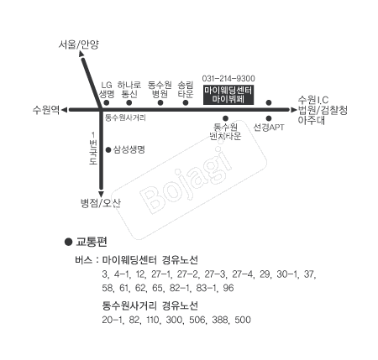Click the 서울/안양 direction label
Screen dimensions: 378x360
pyautogui.click(x=79, y=44)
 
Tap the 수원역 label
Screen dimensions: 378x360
pyautogui.click(x=46, y=110)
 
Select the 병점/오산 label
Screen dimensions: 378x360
pyautogui.click(x=101, y=203)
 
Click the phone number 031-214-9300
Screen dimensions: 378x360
pyautogui.click(x=228, y=78)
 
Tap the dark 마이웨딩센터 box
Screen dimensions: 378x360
pyautogui.click(x=228, y=95)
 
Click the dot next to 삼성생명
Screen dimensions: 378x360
pyautogui.click(x=108, y=150)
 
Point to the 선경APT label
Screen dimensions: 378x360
pyautogui.click(x=269, y=128)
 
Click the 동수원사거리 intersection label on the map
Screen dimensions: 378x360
pyautogui.click(x=125, y=117)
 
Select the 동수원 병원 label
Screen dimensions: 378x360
pyautogui.click(x=160, y=90)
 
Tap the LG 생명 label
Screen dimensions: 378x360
pyautogui.click(x=107, y=90)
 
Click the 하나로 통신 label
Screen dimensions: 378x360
pyautogui.click(x=129, y=90)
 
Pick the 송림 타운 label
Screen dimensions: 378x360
pyautogui.click(x=186, y=90)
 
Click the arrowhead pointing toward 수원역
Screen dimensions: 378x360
pyautogui.click(x=65, y=110)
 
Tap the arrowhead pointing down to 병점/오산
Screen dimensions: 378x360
pyautogui.click(x=101, y=195)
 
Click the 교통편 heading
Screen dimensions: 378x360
pyautogui.click(x=92, y=242)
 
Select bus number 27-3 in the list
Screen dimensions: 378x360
pyautogui.click(x=215, y=274)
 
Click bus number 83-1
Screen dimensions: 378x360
pyautogui.click(x=207, y=288)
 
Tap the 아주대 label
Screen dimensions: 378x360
pyautogui.click(x=311, y=121)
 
